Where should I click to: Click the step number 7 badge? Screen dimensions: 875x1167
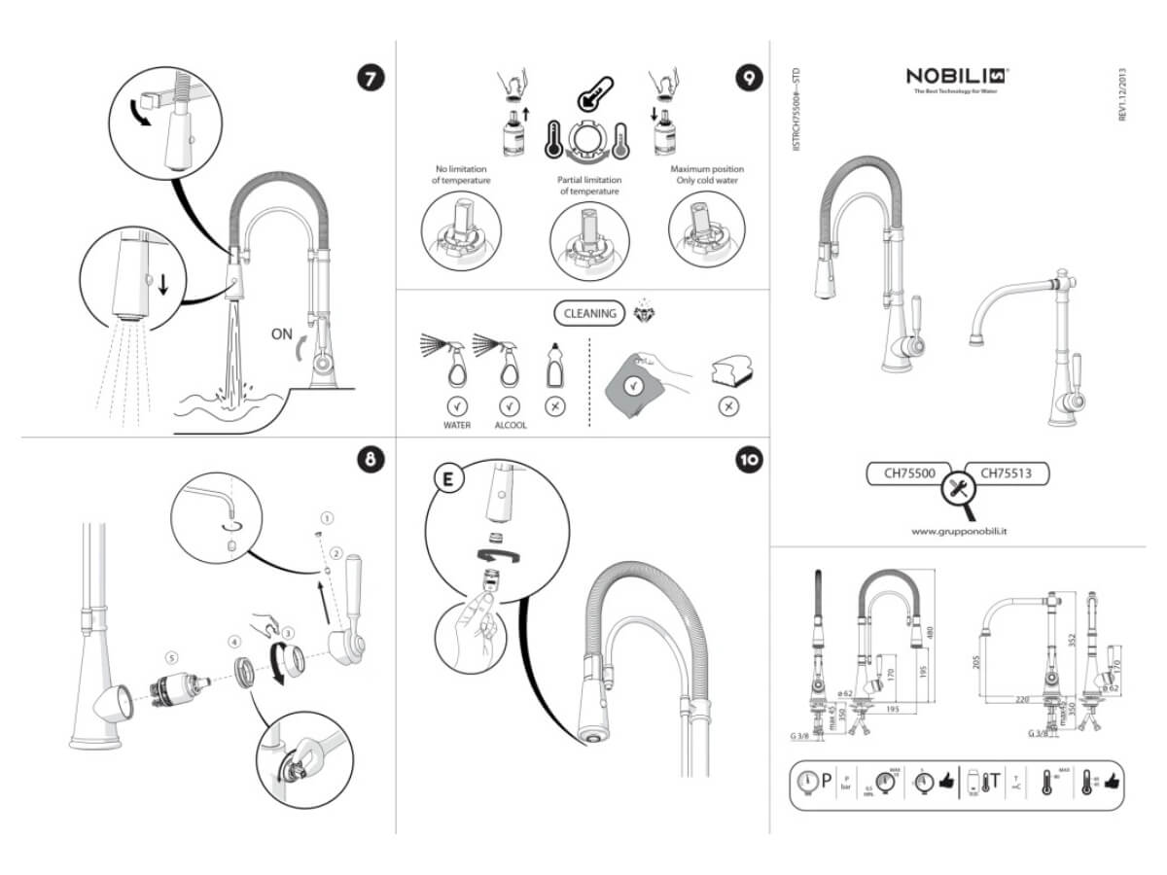(x=371, y=78)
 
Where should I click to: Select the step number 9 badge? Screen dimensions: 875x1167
(x=748, y=78)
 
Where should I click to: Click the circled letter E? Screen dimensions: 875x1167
(x=447, y=479)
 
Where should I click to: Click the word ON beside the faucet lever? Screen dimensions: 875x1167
(x=282, y=334)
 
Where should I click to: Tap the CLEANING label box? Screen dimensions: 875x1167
(x=590, y=313)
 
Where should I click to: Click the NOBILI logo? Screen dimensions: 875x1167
(x=957, y=76)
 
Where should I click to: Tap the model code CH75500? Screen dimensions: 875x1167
(x=908, y=473)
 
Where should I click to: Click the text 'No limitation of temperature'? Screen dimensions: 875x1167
(x=462, y=174)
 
